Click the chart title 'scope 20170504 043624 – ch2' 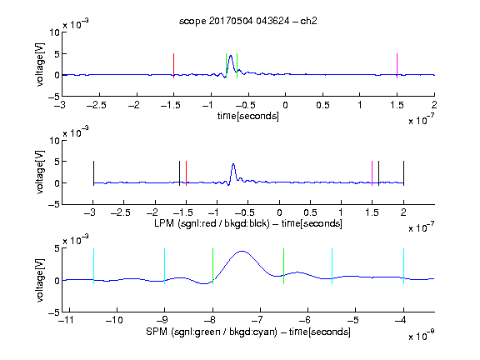point(248,21)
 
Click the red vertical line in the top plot point(174,66)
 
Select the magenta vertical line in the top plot point(397,66)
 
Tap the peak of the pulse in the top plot point(231,56)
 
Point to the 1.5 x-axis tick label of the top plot point(397,105)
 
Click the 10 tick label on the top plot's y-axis point(55,32)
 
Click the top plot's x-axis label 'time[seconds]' point(248,116)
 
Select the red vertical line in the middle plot point(186,173)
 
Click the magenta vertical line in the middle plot point(372,173)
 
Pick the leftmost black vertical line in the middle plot point(93,173)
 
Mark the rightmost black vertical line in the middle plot point(404,173)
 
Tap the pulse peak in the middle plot point(233,164)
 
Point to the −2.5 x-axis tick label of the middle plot point(121,212)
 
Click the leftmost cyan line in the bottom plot point(93,266)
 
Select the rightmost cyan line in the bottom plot point(404,266)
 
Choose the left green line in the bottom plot point(212,266)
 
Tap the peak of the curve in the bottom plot point(242,252)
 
